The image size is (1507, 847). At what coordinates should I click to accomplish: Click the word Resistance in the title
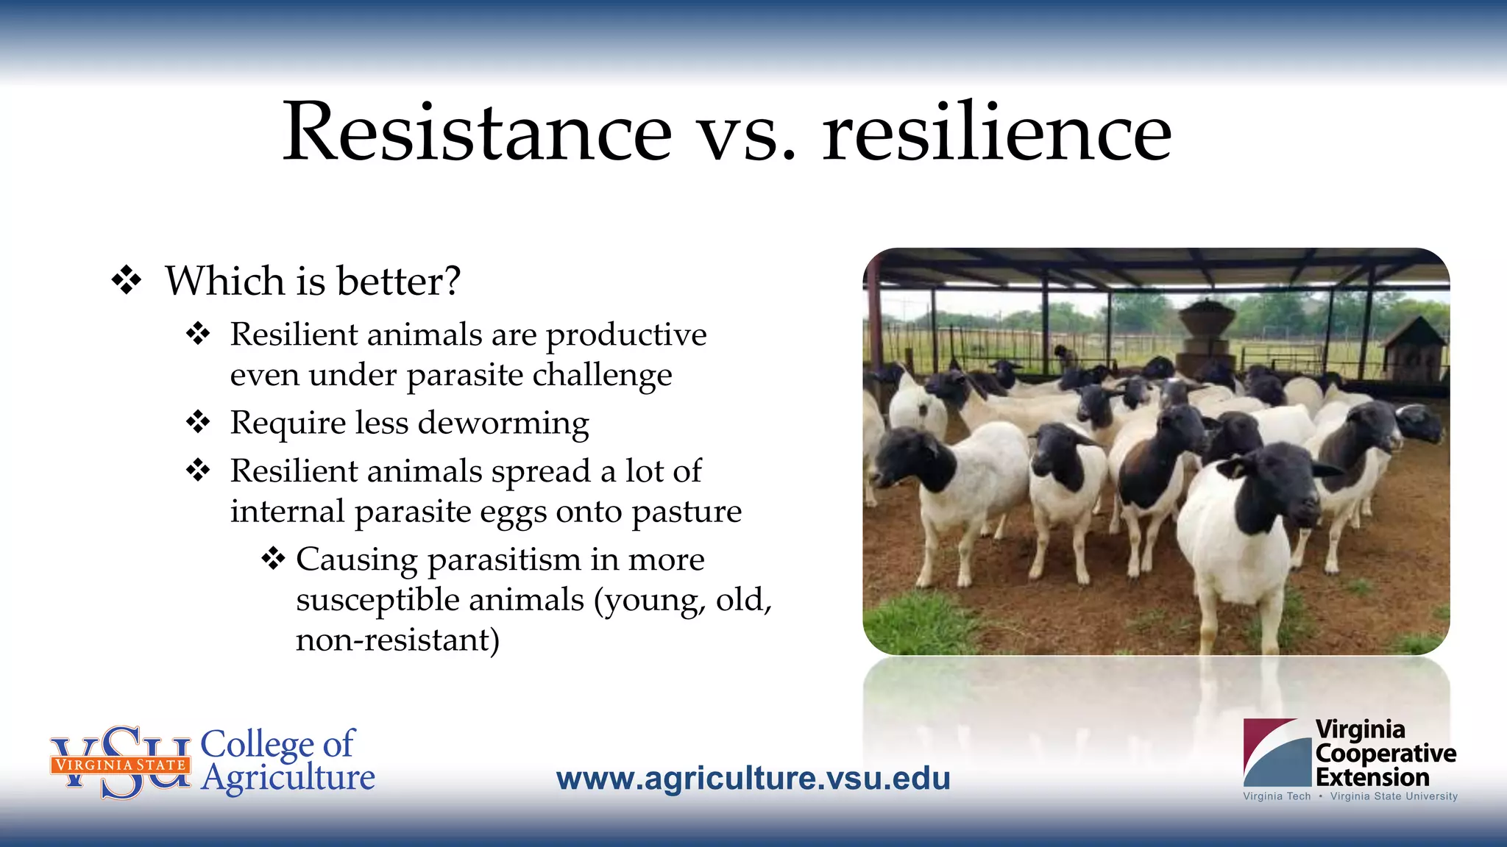(x=477, y=132)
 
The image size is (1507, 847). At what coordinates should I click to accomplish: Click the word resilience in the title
(x=996, y=132)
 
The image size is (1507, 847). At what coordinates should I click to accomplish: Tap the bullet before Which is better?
(x=126, y=281)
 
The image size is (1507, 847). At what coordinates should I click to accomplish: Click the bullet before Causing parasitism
(x=273, y=559)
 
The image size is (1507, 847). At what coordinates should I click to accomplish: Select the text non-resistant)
(x=397, y=640)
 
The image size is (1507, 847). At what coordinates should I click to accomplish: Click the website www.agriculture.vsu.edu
(x=753, y=779)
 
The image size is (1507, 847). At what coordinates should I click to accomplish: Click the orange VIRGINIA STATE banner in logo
(x=120, y=765)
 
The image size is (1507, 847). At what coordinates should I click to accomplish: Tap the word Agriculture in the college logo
(x=288, y=778)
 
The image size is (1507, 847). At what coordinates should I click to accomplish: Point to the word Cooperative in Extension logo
(x=1385, y=753)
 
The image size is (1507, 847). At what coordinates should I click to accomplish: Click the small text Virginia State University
(x=1393, y=796)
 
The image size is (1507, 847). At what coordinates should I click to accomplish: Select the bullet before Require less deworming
(x=198, y=423)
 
